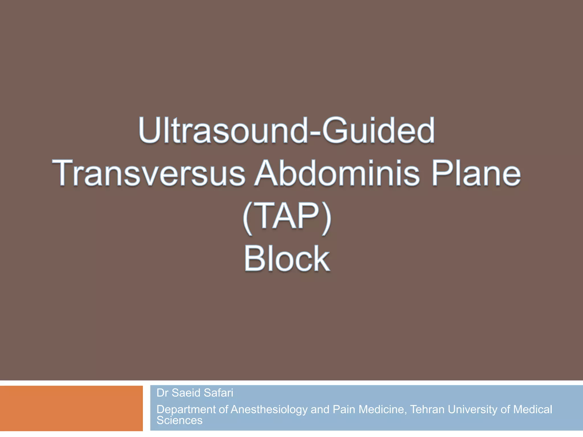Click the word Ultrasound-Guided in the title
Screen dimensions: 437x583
point(286,131)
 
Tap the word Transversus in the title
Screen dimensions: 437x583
point(148,173)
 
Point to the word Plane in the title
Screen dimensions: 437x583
point(476,173)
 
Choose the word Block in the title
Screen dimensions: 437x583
point(287,259)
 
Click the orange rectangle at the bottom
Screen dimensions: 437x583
point(71,408)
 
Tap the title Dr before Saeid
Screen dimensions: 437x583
point(163,393)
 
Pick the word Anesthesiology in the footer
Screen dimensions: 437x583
point(269,410)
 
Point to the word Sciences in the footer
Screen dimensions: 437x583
point(179,420)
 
